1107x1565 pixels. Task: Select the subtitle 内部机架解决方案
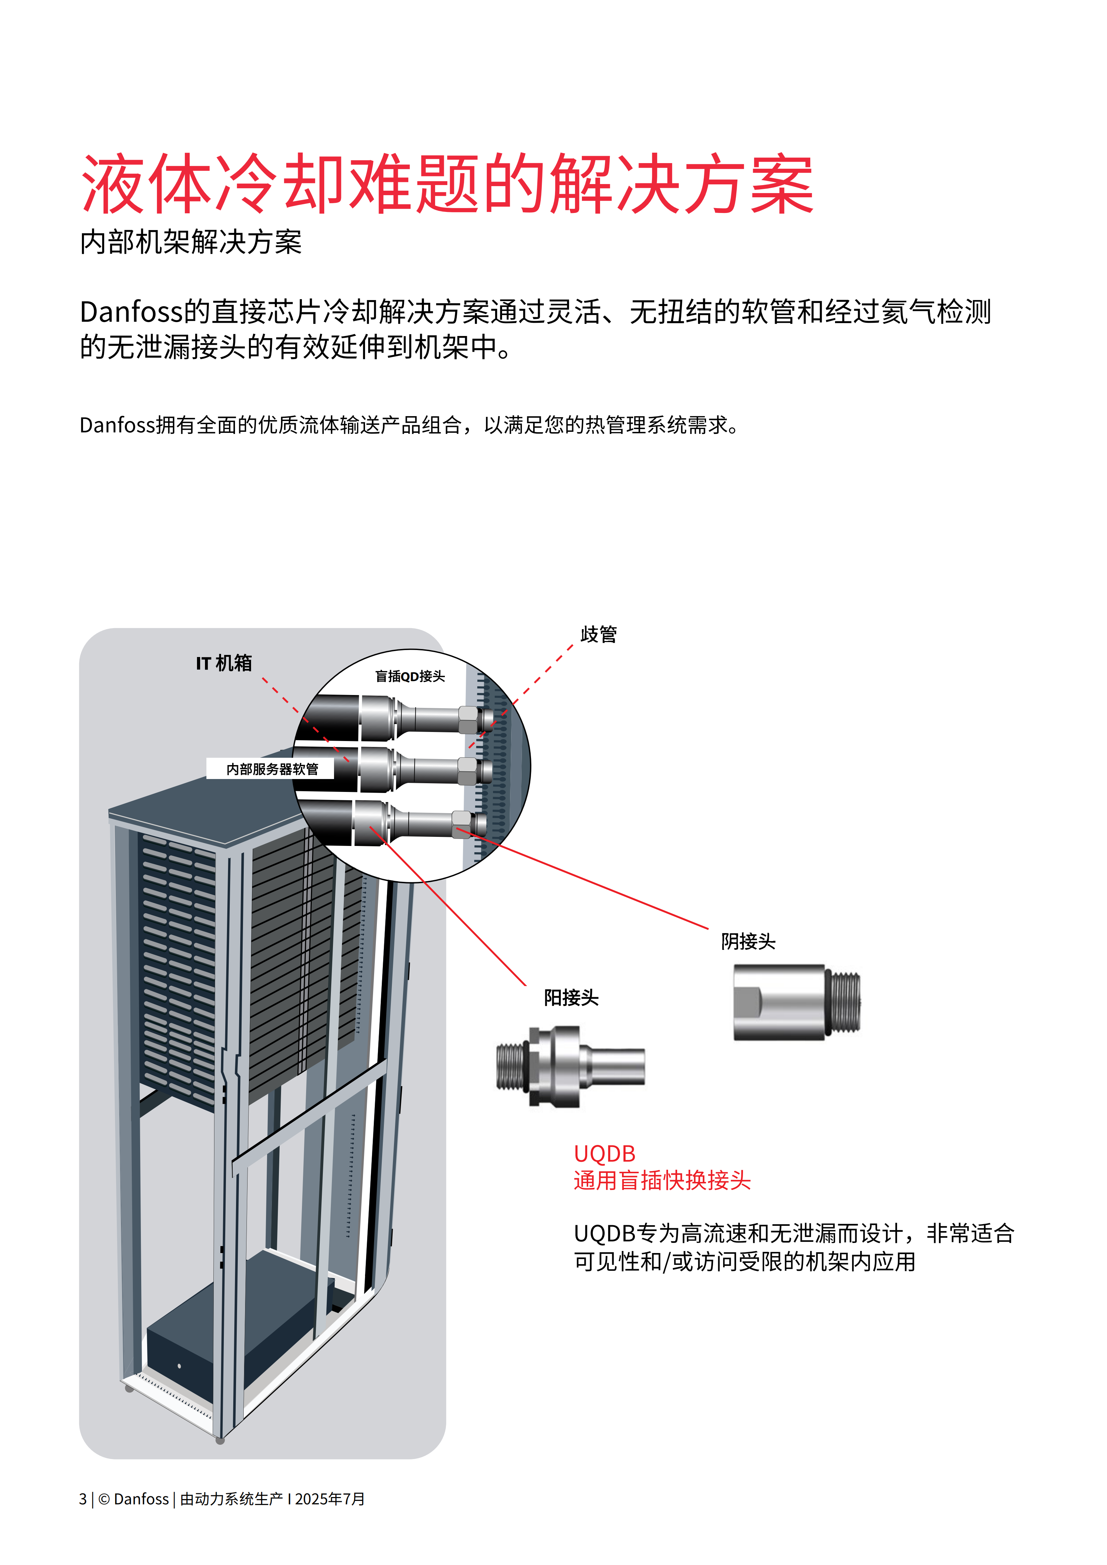click(x=191, y=242)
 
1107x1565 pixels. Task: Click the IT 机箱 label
click(x=223, y=663)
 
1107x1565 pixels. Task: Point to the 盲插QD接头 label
click(x=410, y=676)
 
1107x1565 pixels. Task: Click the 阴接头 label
click(x=748, y=941)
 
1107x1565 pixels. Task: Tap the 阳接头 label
click(x=570, y=998)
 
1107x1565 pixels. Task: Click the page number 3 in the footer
click(x=83, y=1499)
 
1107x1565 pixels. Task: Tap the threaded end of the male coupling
click(x=511, y=1066)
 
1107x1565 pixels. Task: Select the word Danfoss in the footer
click(x=141, y=1499)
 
